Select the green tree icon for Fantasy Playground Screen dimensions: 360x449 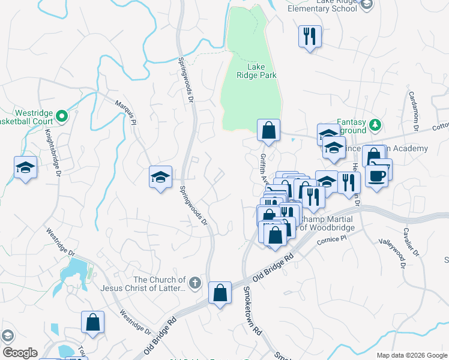click(x=375, y=125)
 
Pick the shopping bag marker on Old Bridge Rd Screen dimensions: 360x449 click(x=220, y=293)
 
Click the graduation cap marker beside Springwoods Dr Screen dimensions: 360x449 click(x=160, y=176)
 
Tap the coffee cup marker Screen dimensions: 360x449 click(x=377, y=176)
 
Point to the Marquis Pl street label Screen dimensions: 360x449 click(x=125, y=112)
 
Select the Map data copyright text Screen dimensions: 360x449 click(x=412, y=355)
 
